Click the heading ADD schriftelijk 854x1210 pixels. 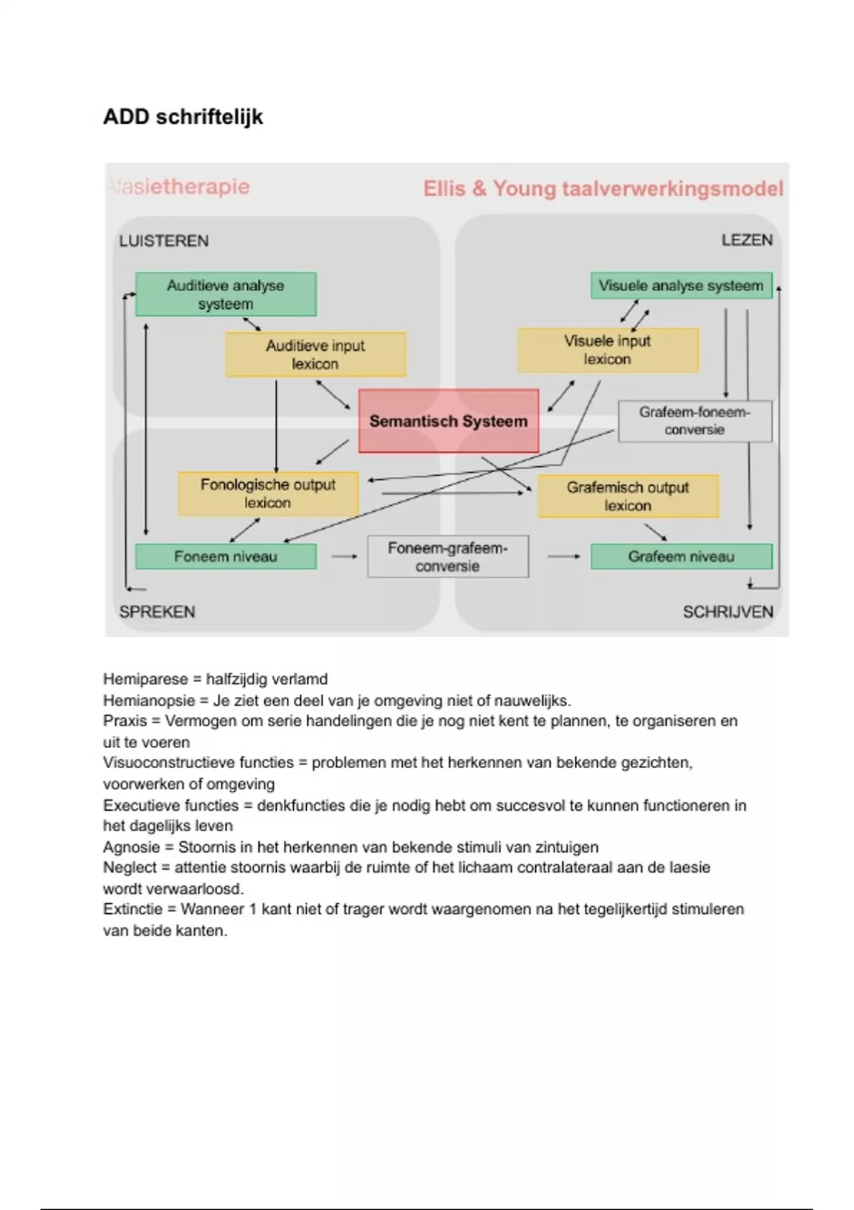(x=183, y=117)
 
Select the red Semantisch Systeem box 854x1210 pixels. (x=448, y=421)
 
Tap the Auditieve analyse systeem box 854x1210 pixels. (x=226, y=294)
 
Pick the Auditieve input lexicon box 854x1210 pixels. (x=315, y=354)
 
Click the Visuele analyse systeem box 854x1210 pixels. (x=681, y=285)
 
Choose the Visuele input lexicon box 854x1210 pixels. (x=608, y=350)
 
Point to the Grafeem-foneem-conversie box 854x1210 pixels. (x=695, y=421)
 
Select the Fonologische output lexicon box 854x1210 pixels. (x=268, y=493)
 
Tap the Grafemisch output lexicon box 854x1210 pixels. (x=628, y=496)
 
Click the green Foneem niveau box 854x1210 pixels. (x=226, y=557)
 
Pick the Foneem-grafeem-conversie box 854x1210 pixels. (x=448, y=557)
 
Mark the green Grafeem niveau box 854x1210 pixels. (x=681, y=557)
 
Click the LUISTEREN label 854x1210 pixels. (x=164, y=241)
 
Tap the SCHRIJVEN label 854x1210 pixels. (x=727, y=611)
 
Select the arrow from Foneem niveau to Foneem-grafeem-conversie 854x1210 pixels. (x=344, y=557)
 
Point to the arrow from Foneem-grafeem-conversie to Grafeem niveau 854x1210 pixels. (x=564, y=557)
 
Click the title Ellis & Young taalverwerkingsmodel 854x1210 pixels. (x=603, y=189)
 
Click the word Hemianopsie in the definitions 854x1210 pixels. (x=145, y=700)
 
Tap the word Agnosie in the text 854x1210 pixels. (x=131, y=847)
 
